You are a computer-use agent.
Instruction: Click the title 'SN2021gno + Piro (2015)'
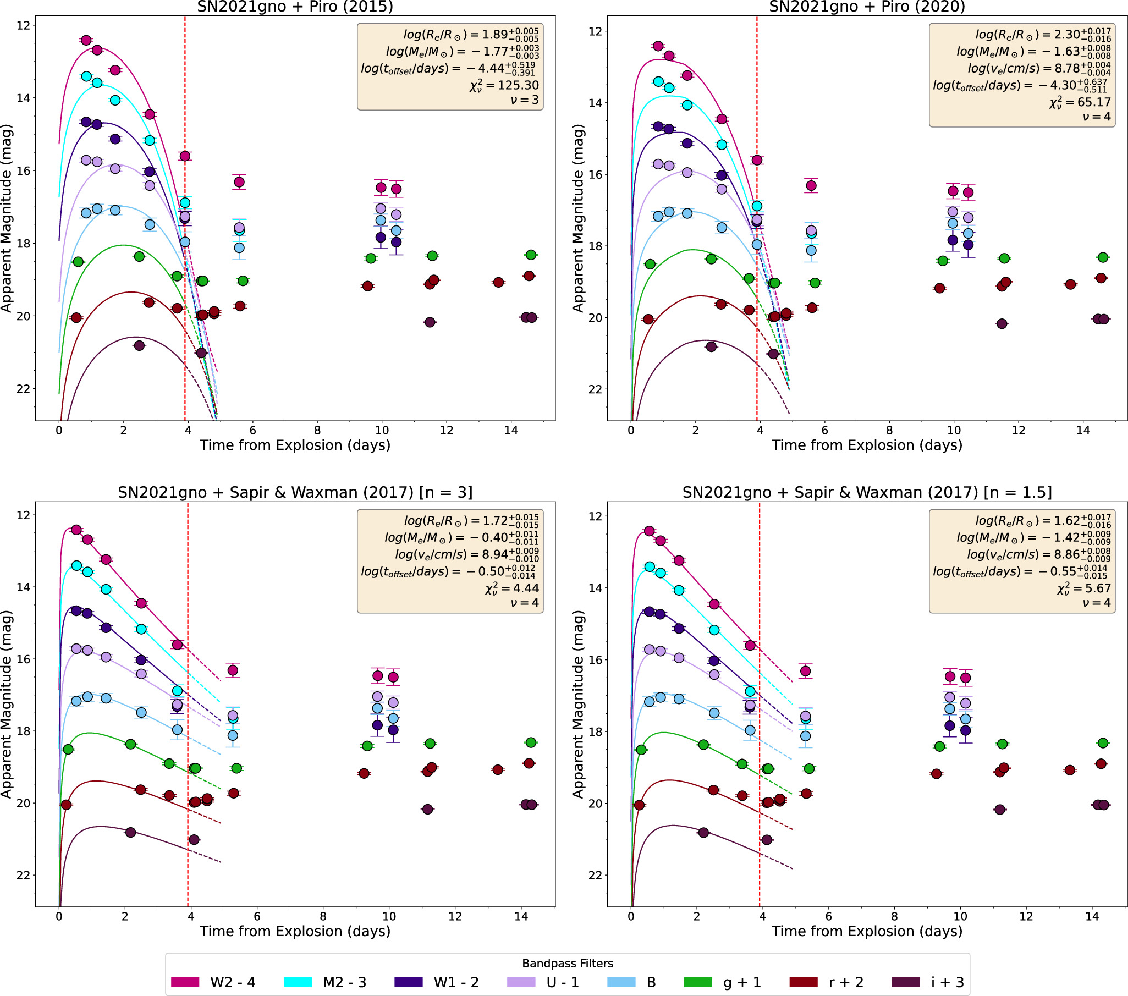pyautogui.click(x=295, y=7)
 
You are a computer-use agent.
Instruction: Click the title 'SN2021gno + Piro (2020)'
pyautogui.click(x=866, y=7)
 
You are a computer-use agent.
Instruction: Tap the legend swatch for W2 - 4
pyautogui.click(x=185, y=982)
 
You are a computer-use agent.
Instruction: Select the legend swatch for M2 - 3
pyautogui.click(x=298, y=982)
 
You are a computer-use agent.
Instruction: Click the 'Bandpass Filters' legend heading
pyautogui.click(x=568, y=964)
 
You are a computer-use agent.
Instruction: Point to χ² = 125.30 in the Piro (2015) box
pyautogui.click(x=504, y=85)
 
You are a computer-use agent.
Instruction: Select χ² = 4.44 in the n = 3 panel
pyautogui.click(x=511, y=588)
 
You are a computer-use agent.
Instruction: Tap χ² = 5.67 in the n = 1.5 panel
pyautogui.click(x=1083, y=588)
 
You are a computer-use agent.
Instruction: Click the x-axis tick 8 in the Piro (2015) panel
pyautogui.click(x=317, y=431)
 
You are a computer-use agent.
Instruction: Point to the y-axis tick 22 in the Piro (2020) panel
pyautogui.click(x=595, y=389)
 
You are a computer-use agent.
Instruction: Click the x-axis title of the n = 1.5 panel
pyautogui.click(x=866, y=932)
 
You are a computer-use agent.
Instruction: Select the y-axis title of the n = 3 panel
pyautogui.click(x=7, y=704)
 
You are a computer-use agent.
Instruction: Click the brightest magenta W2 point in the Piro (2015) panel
pyautogui.click(x=86, y=40)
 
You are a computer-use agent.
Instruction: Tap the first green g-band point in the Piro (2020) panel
pyautogui.click(x=650, y=265)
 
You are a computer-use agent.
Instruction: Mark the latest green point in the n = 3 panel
pyautogui.click(x=531, y=742)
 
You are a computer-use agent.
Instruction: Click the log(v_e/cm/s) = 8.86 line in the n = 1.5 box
pyautogui.click(x=1037, y=554)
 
